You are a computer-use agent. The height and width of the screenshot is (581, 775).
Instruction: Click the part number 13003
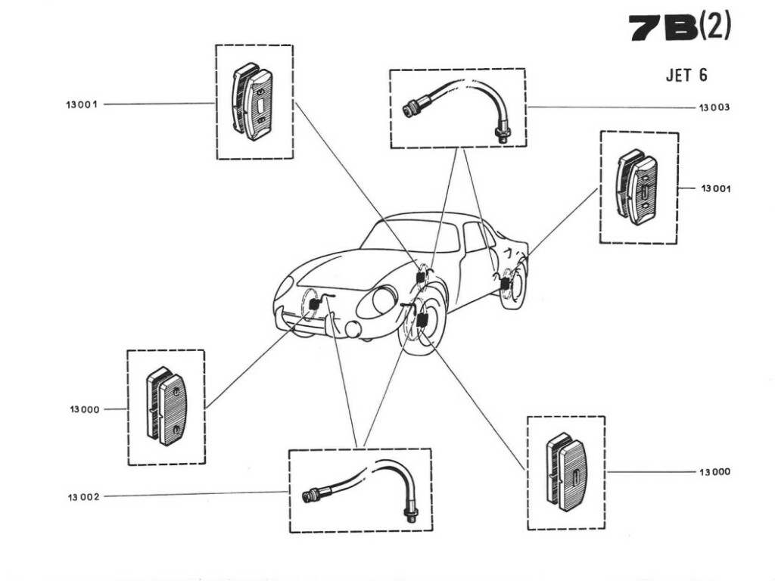[714, 107]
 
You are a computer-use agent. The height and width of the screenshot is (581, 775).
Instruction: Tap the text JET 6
[686, 76]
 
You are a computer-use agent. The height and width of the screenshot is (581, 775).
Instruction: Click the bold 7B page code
[662, 29]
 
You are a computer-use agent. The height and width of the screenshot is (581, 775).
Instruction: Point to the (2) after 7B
[714, 28]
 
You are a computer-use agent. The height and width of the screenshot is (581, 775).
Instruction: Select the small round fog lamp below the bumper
[353, 329]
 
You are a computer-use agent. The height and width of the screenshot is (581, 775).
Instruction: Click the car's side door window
[475, 238]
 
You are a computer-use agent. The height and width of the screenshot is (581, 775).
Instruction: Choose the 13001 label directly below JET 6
[715, 189]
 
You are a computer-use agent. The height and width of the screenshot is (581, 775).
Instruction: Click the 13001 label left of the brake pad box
[81, 104]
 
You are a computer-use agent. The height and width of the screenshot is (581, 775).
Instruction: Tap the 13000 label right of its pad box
[715, 471]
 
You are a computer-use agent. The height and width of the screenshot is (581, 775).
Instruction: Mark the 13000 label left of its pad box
[83, 409]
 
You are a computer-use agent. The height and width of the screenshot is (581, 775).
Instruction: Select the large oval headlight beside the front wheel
[376, 302]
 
